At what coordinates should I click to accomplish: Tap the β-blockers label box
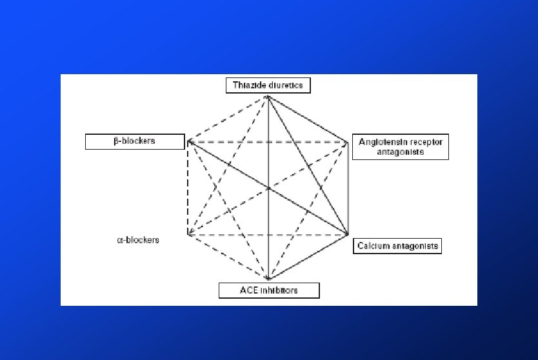(x=131, y=141)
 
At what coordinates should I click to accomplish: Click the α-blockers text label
(x=138, y=240)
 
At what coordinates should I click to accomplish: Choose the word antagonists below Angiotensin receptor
(x=400, y=152)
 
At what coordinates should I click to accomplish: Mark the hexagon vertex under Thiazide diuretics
(x=268, y=96)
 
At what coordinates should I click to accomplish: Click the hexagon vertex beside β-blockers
(x=188, y=141)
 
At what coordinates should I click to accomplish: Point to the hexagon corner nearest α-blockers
(x=188, y=235)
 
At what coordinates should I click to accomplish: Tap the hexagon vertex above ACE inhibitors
(x=268, y=279)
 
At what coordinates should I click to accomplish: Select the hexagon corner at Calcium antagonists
(x=348, y=234)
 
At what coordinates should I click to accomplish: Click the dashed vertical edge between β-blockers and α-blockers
(x=188, y=187)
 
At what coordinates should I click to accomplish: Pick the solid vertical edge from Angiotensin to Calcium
(x=348, y=187)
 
